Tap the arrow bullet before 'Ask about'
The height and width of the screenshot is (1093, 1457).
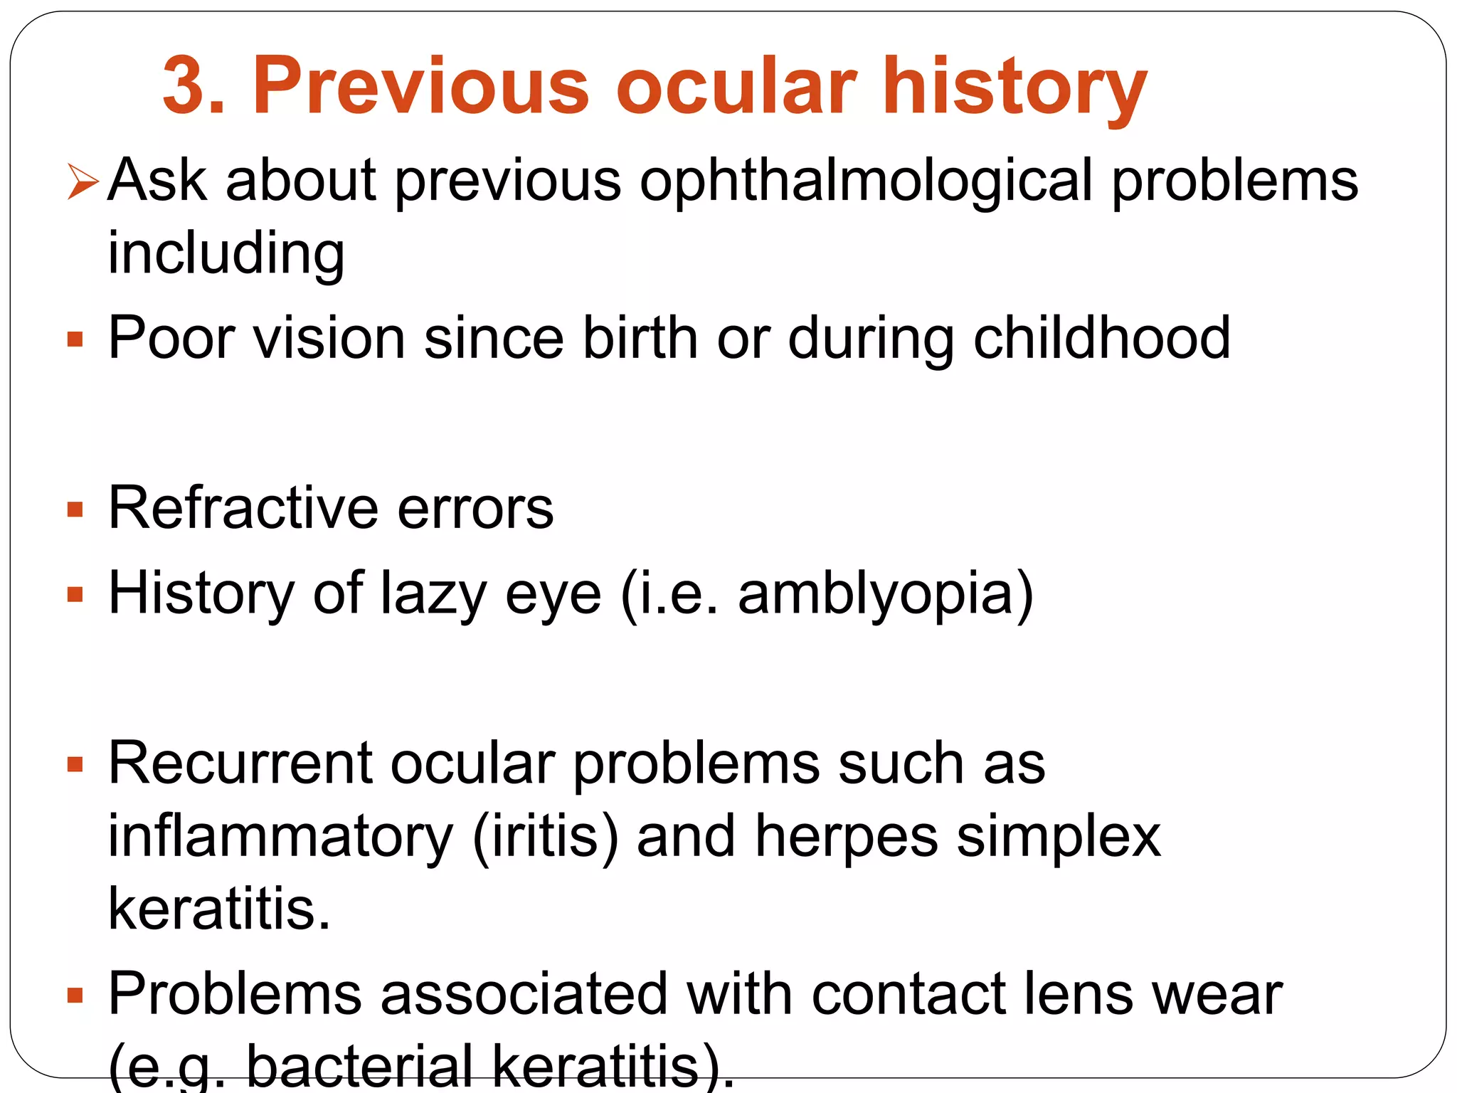click(x=82, y=181)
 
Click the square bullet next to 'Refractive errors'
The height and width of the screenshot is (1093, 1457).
click(x=75, y=509)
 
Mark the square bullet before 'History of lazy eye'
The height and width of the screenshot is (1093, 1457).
click(x=75, y=594)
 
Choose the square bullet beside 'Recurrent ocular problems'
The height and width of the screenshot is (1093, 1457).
click(x=75, y=765)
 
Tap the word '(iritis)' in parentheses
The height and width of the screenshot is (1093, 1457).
click(x=545, y=837)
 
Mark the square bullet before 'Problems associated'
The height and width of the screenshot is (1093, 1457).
click(x=75, y=994)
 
